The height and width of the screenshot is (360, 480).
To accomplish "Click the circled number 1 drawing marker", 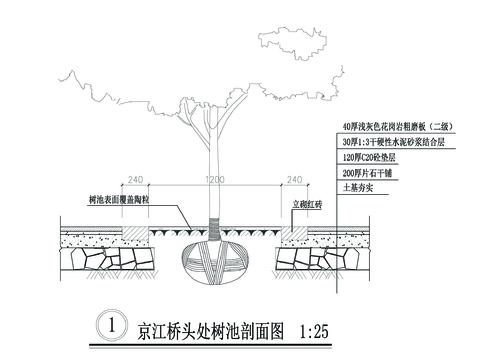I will tap(114, 325).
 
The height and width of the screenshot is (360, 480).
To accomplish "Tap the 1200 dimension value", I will tap(213, 179).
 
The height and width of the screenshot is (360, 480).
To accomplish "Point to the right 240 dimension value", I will tap(294, 179).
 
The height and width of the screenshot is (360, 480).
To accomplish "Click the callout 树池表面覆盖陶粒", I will tap(117, 201).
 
